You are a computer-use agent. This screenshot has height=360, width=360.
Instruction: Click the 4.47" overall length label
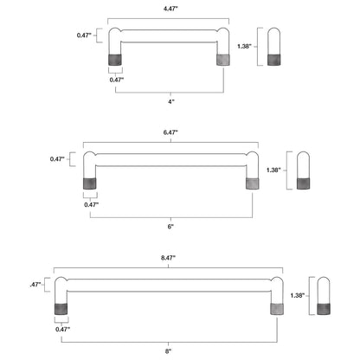point(170,9)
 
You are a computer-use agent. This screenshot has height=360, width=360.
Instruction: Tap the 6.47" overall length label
point(170,132)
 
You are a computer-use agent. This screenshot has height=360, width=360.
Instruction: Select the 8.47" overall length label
point(168,258)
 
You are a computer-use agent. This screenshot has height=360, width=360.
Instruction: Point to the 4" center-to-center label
point(171,101)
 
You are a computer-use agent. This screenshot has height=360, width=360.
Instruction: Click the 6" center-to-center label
point(170,227)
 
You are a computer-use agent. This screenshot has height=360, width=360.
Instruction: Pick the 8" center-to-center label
point(168,351)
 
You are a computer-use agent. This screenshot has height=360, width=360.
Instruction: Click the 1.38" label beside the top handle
point(244,46)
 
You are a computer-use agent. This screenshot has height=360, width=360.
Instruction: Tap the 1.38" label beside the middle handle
point(273,170)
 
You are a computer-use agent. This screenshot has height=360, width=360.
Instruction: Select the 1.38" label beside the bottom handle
point(298,295)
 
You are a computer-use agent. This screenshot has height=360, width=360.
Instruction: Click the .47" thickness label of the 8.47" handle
point(35,285)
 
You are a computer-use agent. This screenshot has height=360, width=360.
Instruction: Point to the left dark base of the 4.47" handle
point(115,60)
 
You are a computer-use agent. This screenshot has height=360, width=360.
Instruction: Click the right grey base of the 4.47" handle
point(223,60)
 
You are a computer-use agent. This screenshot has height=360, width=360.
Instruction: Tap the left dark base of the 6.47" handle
point(90,183)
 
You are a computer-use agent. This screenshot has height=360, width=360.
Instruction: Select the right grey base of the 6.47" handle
point(253,183)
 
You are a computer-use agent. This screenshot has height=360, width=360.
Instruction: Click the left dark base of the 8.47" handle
point(61,309)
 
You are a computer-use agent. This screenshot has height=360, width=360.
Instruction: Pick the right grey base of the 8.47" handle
point(277,309)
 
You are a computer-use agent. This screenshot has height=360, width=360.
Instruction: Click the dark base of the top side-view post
point(273,60)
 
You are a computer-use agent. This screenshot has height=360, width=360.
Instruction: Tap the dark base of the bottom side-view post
point(324,309)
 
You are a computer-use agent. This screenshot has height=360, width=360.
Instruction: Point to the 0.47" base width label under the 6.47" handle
point(92,205)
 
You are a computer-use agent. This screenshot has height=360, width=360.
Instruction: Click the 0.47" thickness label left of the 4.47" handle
point(84,35)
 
